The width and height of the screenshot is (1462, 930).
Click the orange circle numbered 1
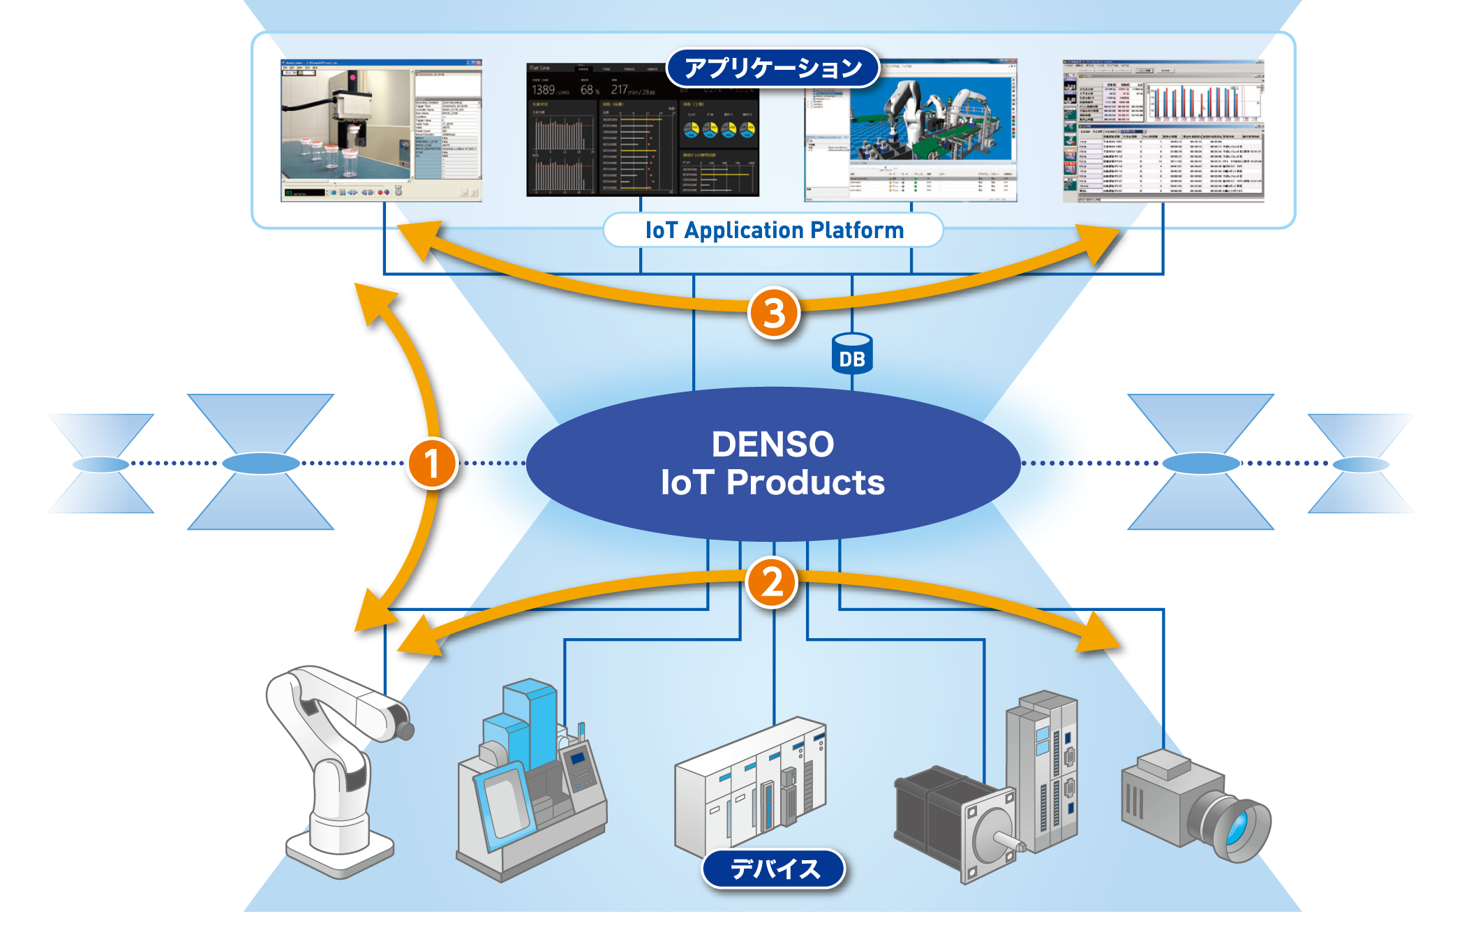[x=432, y=463]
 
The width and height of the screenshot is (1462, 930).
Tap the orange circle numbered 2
[x=771, y=582]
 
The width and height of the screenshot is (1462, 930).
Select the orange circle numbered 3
[x=773, y=312]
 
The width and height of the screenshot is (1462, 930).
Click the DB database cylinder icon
[x=852, y=354]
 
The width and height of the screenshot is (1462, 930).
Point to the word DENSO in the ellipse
[x=773, y=444]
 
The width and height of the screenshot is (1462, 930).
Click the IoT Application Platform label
[x=773, y=230]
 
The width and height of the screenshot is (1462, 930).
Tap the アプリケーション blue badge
[x=773, y=68]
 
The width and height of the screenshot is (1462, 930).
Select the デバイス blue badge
[x=773, y=869]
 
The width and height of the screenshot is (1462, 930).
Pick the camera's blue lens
[x=1237, y=828]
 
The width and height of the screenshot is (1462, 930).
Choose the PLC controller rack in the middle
[x=750, y=782]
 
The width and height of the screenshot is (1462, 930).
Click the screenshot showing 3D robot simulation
[x=911, y=131]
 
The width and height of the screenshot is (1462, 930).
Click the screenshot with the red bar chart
[x=1163, y=131]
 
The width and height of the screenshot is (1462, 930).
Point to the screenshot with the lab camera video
[x=381, y=131]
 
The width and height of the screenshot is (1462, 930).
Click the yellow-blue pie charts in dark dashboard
[x=719, y=130]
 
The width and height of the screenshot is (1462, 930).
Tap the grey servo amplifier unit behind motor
[x=1043, y=768]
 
